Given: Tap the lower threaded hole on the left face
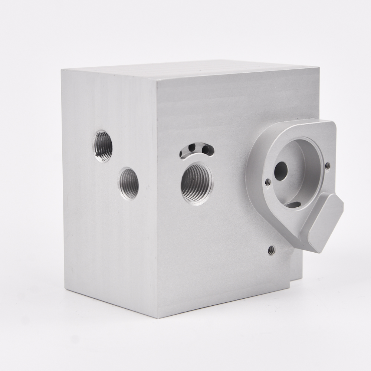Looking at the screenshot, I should tap(129, 183).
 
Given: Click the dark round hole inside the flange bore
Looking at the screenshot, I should tap(280, 171).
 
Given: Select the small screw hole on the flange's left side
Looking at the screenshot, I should tap(267, 181).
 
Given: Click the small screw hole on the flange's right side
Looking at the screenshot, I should tap(327, 166).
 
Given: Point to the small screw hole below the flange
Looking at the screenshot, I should tap(272, 250).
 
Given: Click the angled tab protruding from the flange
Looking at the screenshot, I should tap(323, 223).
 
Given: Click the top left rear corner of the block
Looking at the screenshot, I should tap(62, 69).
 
